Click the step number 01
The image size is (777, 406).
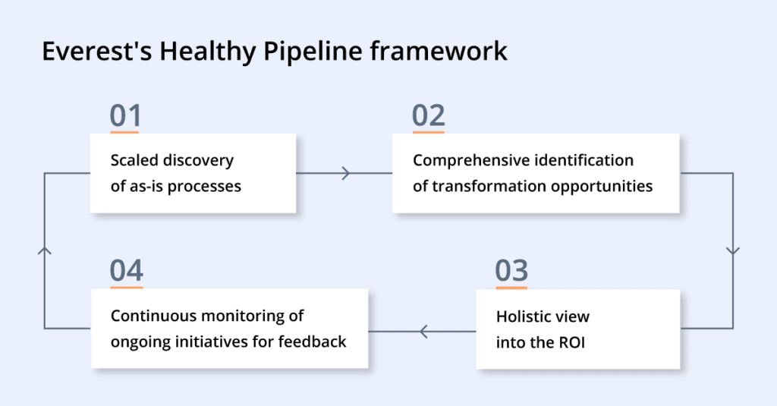[125, 116]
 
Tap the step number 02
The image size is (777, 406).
[428, 116]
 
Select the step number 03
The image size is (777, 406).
[511, 271]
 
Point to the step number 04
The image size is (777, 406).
[127, 271]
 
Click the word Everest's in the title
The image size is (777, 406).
[96, 51]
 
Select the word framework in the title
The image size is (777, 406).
[439, 51]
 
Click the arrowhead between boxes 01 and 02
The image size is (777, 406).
[346, 174]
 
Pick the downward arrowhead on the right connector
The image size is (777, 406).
[733, 251]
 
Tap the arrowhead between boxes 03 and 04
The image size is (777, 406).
[423, 332]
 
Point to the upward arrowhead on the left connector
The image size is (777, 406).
[45, 251]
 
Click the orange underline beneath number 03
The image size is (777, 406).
[511, 288]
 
